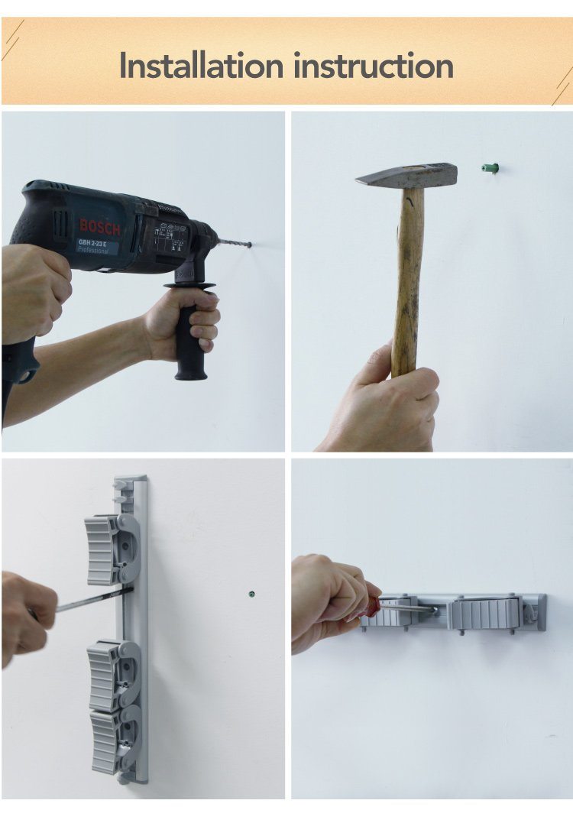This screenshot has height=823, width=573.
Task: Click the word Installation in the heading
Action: (201, 66)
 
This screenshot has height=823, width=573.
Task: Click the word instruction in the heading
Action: (373, 66)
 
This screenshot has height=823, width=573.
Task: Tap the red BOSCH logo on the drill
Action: (99, 227)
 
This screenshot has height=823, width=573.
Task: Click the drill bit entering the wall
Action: (235, 244)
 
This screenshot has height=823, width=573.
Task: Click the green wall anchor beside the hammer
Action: (490, 168)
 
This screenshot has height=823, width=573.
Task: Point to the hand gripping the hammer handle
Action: (386, 401)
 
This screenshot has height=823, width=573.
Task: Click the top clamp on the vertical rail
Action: (112, 549)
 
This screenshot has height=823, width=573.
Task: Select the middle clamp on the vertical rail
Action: (113, 675)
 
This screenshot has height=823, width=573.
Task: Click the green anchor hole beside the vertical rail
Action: (251, 595)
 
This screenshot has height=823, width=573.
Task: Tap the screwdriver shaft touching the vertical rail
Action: (95, 599)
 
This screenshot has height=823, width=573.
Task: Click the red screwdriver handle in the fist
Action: (373, 606)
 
